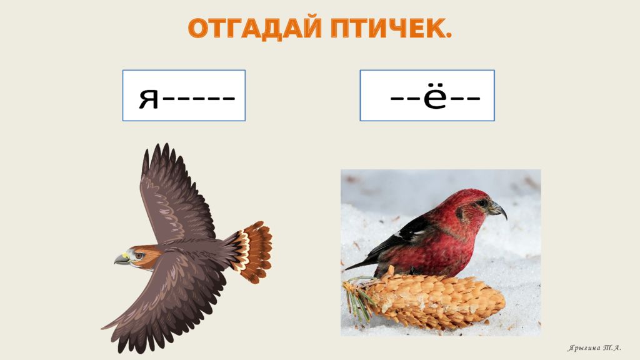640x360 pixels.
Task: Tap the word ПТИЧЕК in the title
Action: click(x=387, y=29)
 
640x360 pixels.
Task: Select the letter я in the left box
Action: click(x=149, y=99)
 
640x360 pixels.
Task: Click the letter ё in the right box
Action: click(x=435, y=97)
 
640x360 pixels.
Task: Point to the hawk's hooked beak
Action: click(x=121, y=259)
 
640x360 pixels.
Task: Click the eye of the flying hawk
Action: click(x=138, y=256)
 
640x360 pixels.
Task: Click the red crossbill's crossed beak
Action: click(x=498, y=209)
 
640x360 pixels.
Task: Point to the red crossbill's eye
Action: click(x=483, y=202)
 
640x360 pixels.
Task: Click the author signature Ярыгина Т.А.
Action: click(x=594, y=348)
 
